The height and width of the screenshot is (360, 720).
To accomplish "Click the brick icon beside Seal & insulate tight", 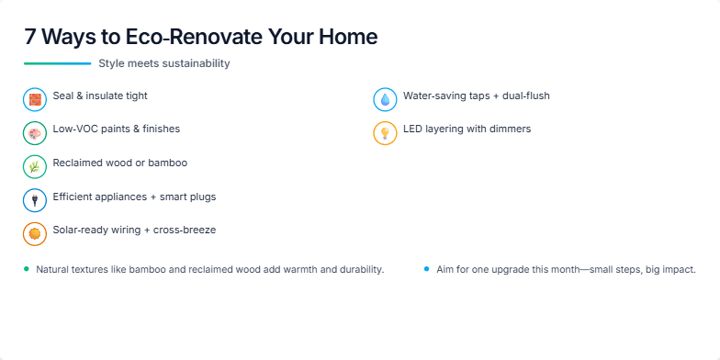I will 35,99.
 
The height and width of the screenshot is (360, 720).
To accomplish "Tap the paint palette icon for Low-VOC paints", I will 35,133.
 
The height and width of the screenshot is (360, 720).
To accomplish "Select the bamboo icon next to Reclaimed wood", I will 35,166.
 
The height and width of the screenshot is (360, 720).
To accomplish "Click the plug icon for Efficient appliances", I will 35,200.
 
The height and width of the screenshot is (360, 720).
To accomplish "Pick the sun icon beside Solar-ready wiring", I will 35,233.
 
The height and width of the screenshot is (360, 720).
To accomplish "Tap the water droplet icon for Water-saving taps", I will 385,99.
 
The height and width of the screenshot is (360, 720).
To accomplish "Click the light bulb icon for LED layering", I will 385,133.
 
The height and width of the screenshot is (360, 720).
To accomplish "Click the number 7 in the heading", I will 30,38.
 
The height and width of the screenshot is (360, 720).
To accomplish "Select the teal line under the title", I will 57,63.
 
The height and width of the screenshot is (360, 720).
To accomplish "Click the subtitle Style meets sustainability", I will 164,63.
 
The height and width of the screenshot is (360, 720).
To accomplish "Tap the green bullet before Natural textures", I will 27,269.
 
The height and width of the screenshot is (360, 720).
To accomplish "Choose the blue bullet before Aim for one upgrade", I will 427,269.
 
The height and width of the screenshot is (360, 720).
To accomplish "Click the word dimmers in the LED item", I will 510,129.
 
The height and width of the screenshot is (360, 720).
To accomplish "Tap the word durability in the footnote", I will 359,270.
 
